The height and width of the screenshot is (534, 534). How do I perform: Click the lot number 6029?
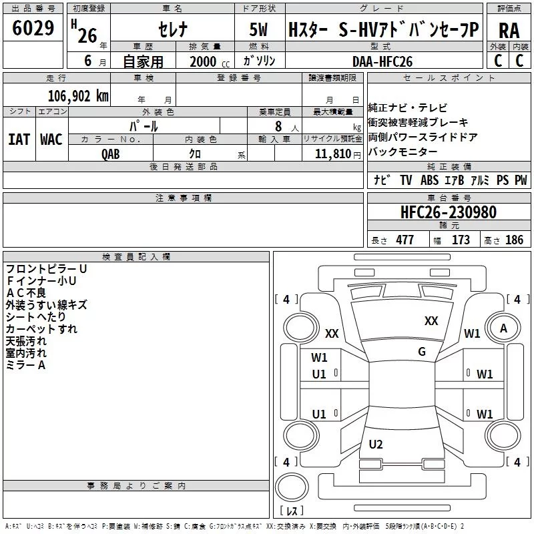pyautogui.click(x=33, y=28)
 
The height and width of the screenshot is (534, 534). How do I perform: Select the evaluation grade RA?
pyautogui.click(x=509, y=31)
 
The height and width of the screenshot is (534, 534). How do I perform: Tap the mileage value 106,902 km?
pyautogui.click(x=78, y=96)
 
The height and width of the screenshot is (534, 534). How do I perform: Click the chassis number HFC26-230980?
pyautogui.click(x=449, y=212)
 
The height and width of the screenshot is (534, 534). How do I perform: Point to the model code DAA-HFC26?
pyautogui.click(x=382, y=61)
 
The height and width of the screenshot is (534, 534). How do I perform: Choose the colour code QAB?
pyautogui.click(x=111, y=154)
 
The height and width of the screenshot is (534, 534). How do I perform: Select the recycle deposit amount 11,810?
pyautogui.click(x=333, y=154)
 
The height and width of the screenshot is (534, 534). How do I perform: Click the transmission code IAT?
pyautogui.click(x=19, y=140)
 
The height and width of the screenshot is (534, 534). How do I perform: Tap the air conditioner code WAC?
pyautogui.click(x=51, y=140)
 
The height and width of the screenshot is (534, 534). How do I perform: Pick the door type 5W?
pyautogui.click(x=259, y=29)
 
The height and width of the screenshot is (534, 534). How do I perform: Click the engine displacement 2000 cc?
pyautogui.click(x=210, y=61)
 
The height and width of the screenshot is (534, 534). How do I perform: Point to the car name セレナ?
pyautogui.click(x=173, y=29)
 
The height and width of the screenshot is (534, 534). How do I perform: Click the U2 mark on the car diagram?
pyautogui.click(x=376, y=444)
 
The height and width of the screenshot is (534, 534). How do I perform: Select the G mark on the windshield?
pyautogui.click(x=422, y=352)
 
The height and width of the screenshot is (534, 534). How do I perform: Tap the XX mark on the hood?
pyautogui.click(x=431, y=321)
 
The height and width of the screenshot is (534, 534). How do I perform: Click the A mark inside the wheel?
pyautogui.click(x=503, y=328)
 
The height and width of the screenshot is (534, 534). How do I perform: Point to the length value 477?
pyautogui.click(x=405, y=240)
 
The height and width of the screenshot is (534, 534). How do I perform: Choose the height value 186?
pyautogui.click(x=514, y=240)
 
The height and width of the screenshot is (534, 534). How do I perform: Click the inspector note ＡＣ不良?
pyautogui.click(x=26, y=293)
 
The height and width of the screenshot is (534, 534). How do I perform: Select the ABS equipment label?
pyautogui.click(x=429, y=180)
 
